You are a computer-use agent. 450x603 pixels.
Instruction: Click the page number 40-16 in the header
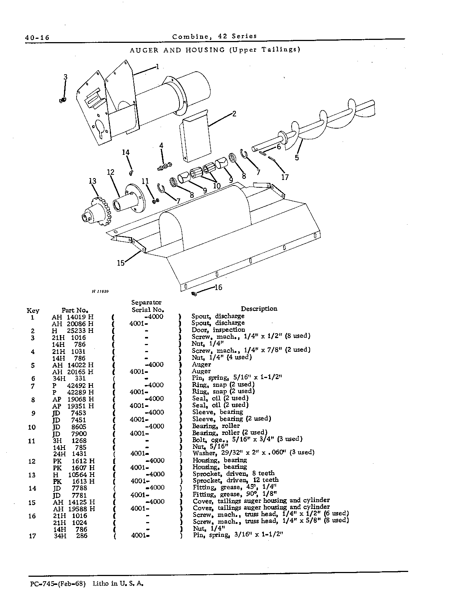click(x=37, y=37)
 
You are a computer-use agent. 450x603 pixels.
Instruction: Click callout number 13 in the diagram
click(x=93, y=181)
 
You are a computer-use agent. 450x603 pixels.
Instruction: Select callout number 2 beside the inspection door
click(x=234, y=114)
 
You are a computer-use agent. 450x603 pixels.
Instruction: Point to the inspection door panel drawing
click(x=195, y=136)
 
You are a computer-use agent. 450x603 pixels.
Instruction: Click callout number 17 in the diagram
click(x=285, y=177)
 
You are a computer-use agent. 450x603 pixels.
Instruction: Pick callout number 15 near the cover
click(x=120, y=263)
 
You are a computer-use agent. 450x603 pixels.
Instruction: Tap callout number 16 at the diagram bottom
click(x=218, y=287)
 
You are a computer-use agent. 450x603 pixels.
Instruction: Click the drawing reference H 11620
click(x=100, y=292)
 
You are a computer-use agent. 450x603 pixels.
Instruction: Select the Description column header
click(x=259, y=309)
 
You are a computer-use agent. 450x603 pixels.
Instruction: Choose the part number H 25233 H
click(x=73, y=331)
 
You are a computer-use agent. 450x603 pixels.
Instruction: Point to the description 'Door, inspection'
click(x=218, y=330)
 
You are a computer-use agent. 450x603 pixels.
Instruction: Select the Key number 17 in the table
click(x=33, y=536)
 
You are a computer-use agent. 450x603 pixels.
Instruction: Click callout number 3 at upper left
click(x=66, y=77)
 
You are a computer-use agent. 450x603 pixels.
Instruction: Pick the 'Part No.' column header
click(x=75, y=310)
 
